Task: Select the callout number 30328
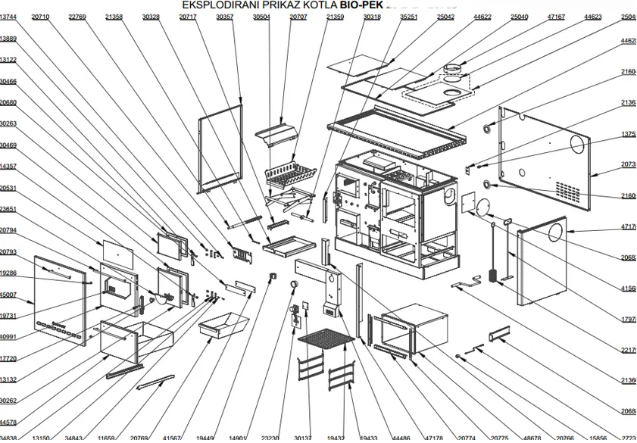coord(151,17)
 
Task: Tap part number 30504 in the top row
coord(261,17)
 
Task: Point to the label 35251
coord(409,17)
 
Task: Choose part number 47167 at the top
coord(556,17)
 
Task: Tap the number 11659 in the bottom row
coord(107,438)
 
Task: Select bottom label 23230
coord(270,438)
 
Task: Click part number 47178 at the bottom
coord(434,438)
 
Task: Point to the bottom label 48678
coord(532,438)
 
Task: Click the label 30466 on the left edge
coord(8,81)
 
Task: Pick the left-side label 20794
coord(8,230)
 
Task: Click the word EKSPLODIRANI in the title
coord(220,5)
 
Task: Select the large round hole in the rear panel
coord(579,144)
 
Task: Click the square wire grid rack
coord(326,335)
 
